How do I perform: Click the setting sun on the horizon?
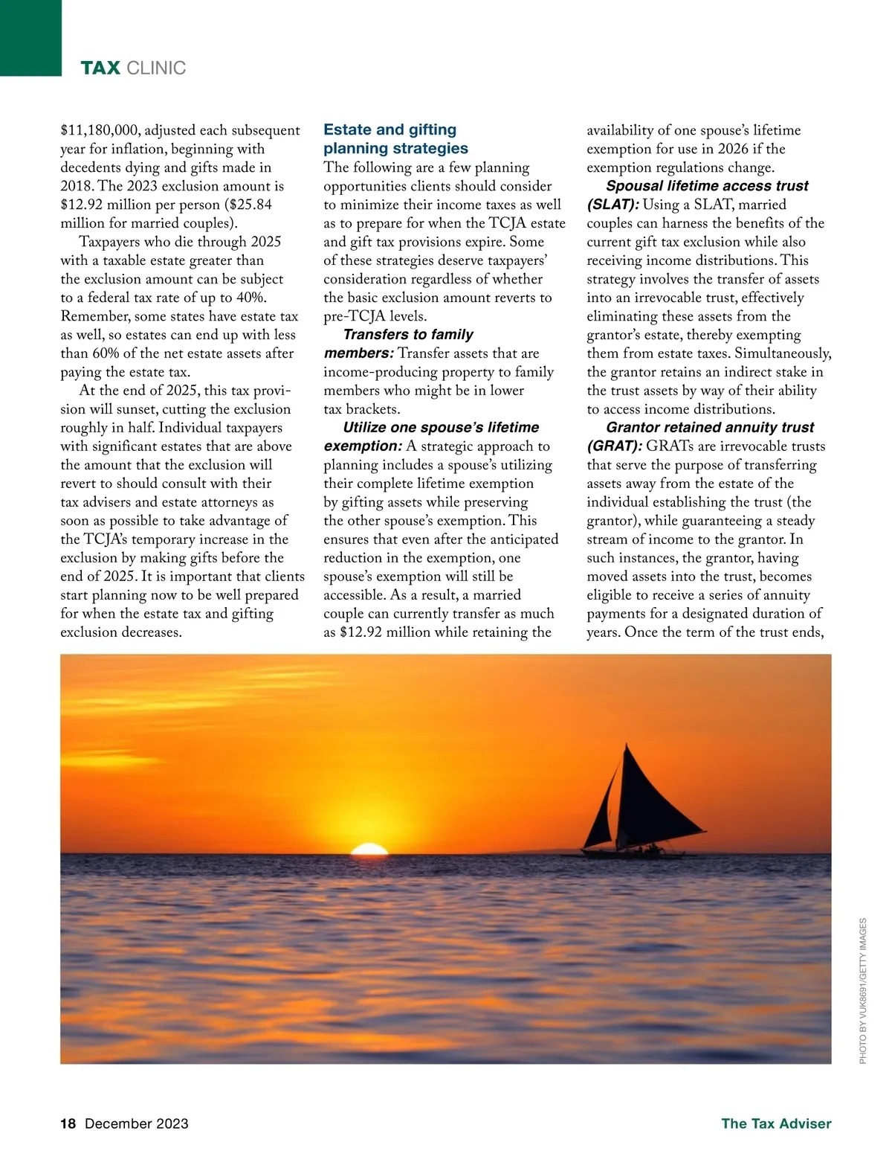[369, 849]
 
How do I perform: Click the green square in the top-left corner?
[30, 37]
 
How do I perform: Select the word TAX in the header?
[100, 68]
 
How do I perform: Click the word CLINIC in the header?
[156, 68]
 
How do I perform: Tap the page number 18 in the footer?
[68, 1123]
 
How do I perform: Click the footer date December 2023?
[137, 1123]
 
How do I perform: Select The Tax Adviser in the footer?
[776, 1123]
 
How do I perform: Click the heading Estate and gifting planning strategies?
[395, 139]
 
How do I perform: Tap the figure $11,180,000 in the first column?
[100, 131]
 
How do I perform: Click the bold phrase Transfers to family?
[408, 335]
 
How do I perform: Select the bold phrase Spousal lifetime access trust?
[707, 186]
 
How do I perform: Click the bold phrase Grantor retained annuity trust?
[710, 428]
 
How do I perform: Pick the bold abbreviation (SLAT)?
[613, 205]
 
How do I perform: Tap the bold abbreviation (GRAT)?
[614, 446]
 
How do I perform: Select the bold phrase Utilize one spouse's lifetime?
[441, 428]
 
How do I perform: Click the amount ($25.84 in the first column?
[248, 205]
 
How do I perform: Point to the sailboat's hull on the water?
[632, 853]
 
